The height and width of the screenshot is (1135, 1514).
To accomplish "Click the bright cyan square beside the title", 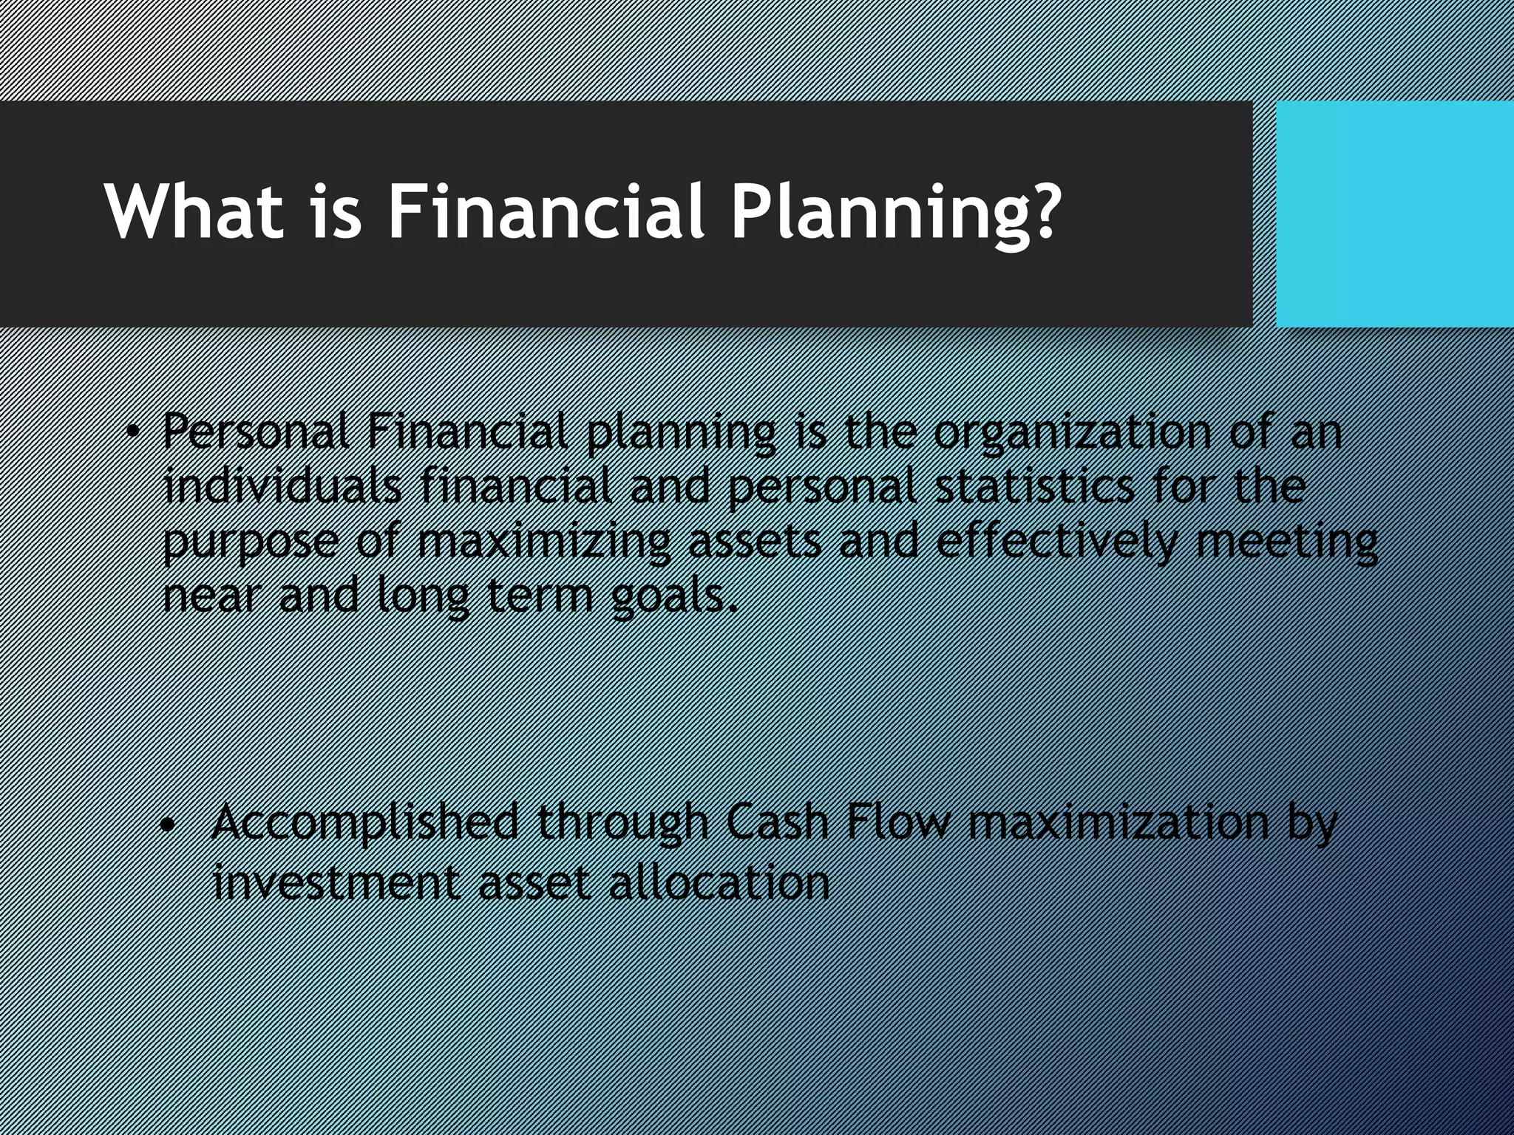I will coord(1394,214).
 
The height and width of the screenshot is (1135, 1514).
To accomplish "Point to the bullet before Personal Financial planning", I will coord(132,432).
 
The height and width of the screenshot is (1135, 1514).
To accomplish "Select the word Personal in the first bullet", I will coord(256,432).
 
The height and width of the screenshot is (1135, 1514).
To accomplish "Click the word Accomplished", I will coord(365,822).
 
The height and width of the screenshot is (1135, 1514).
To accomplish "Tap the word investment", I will coord(336,882).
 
